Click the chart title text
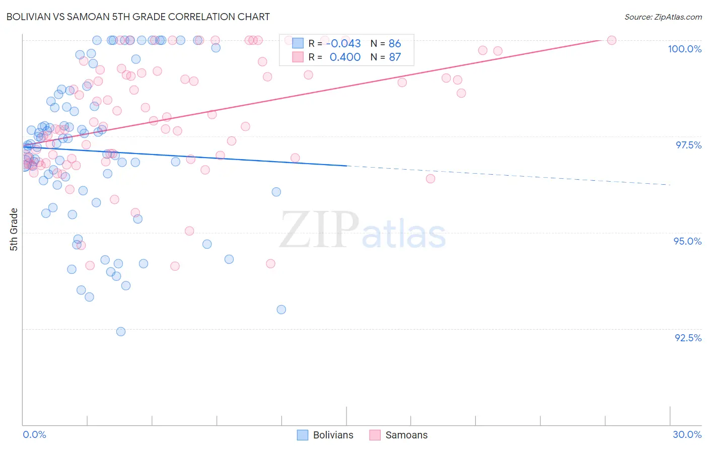pyautogui.click(x=138, y=17)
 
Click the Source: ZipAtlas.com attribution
pyautogui.click(x=663, y=17)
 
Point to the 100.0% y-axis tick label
pyautogui.click(x=684, y=49)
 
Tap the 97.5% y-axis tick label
pyautogui.click(x=688, y=145)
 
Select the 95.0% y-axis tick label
pyautogui.click(x=687, y=241)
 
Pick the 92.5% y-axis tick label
pyautogui.click(x=688, y=338)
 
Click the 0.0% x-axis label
pyautogui.click(x=34, y=434)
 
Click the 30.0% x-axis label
pyautogui.click(x=687, y=434)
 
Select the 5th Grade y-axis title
pyautogui.click(x=14, y=230)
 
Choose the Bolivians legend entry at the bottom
pyautogui.click(x=325, y=435)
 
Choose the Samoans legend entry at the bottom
pyautogui.click(x=398, y=435)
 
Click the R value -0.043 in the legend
pyautogui.click(x=345, y=44)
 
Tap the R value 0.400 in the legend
pyautogui.click(x=345, y=57)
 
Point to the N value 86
pyautogui.click(x=395, y=44)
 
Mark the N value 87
pyautogui.click(x=395, y=57)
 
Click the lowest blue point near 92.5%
pyautogui.click(x=121, y=331)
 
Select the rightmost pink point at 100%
pyautogui.click(x=612, y=40)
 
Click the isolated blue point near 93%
pyautogui.click(x=281, y=310)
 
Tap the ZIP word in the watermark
pyautogui.click(x=319, y=230)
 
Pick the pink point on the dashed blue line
pyautogui.click(x=431, y=179)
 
